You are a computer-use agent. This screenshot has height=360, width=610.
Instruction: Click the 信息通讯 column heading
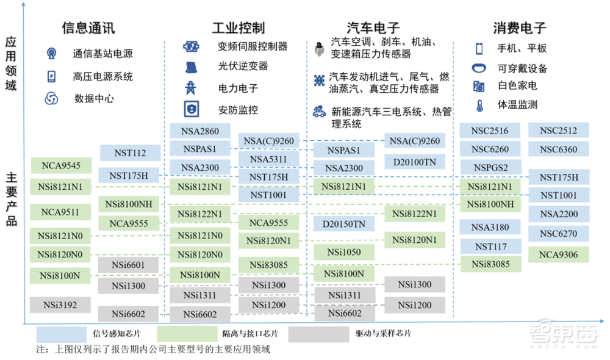coord(88,28)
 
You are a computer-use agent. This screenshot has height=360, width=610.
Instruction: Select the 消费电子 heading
coord(519,28)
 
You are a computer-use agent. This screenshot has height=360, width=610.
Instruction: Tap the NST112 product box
coord(130,153)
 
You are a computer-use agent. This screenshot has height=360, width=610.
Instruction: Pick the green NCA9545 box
coord(61,165)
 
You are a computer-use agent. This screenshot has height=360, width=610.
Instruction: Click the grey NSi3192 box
coord(60,304)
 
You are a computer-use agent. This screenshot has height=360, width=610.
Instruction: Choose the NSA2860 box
coord(200,131)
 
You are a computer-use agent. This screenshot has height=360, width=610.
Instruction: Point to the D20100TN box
coord(415,162)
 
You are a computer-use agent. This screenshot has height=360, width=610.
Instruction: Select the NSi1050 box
coord(344,252)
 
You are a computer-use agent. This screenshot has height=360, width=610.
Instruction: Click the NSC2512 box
coord(558,131)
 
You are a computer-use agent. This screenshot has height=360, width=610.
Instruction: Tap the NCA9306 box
coord(558,254)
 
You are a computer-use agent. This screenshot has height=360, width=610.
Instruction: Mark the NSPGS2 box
coord(490,167)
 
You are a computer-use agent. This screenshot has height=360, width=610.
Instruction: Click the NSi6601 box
coord(128,265)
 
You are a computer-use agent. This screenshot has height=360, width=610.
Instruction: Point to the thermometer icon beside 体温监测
coord(479,105)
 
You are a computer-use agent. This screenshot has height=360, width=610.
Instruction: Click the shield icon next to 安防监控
coord(192,109)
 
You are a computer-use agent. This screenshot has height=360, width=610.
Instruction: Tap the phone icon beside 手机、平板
coord(479,49)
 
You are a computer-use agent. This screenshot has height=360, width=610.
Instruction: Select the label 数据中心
coord(94,98)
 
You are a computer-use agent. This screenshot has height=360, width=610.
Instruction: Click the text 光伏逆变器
coord(243,66)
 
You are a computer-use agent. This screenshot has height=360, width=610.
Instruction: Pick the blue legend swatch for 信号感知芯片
coord(62,334)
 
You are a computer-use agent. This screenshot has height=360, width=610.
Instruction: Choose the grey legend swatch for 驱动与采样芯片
coord(318,334)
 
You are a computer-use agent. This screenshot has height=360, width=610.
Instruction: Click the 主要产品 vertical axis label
coord(11,200)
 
